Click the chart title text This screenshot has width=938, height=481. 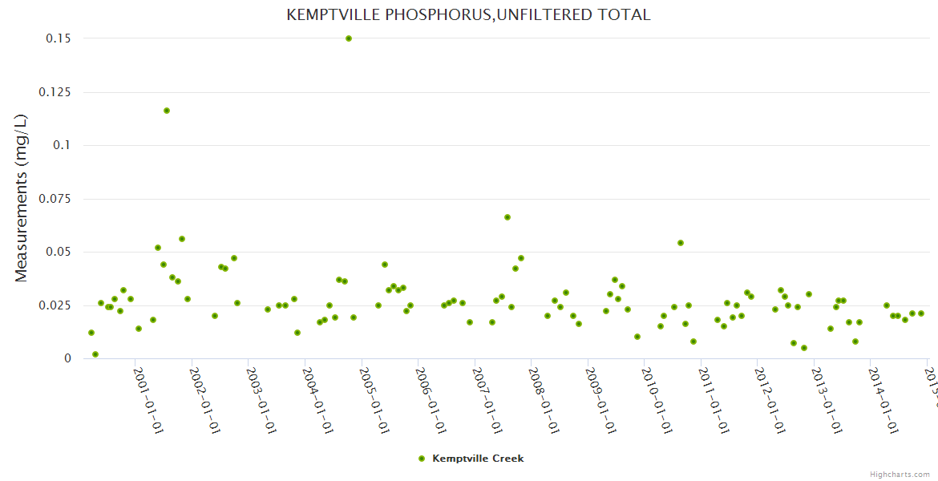[468, 15]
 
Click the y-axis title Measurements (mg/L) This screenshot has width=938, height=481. [22, 198]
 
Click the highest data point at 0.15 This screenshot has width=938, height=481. [349, 38]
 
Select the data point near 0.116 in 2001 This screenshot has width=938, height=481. [167, 111]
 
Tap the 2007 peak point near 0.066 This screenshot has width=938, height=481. [507, 217]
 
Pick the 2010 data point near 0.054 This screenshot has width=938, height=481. [681, 243]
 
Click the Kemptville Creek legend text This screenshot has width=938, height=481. [478, 459]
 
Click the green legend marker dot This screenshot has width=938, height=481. [422, 459]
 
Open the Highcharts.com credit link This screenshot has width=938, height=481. [900, 475]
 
